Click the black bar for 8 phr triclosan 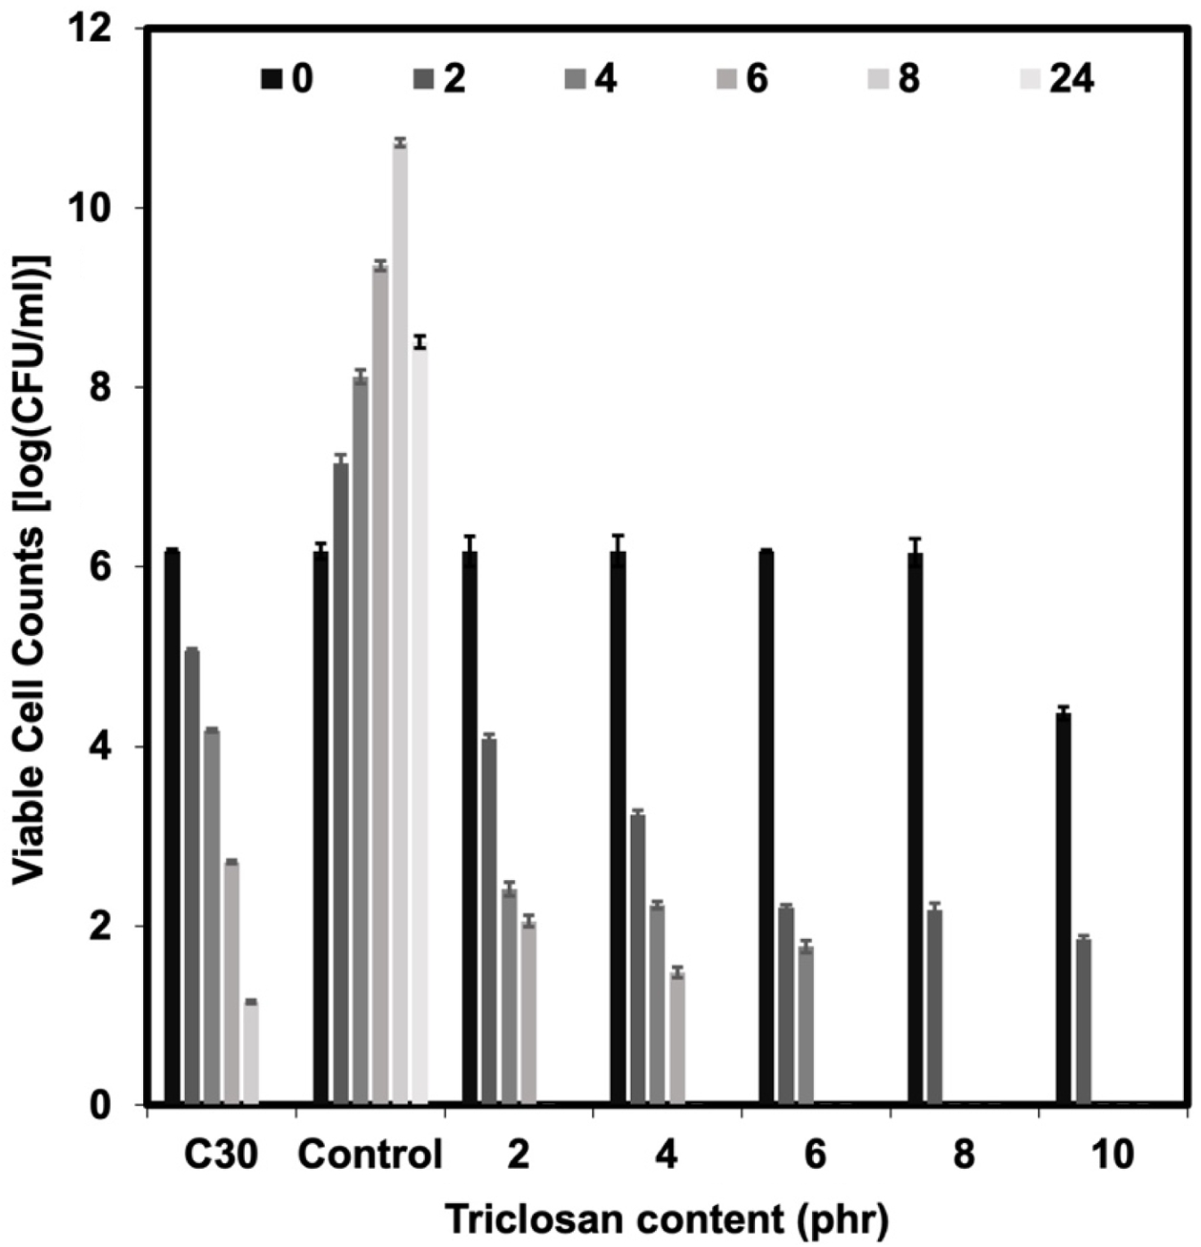(915, 828)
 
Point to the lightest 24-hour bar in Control (419, 724)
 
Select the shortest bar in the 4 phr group (678, 1038)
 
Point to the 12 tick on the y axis (111, 30)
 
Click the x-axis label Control (370, 1155)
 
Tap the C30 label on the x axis (221, 1155)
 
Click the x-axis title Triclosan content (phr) (666, 1218)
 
